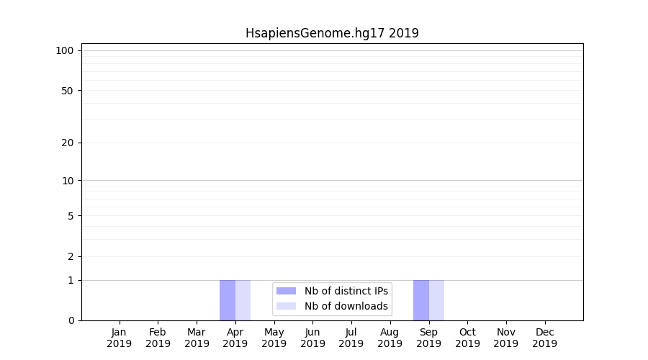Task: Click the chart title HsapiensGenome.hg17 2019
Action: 332,33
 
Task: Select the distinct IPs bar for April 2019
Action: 228,300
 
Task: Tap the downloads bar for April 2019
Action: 243,300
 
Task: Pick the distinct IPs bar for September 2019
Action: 421,300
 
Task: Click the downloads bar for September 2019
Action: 437,300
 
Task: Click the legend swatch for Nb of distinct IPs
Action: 286,291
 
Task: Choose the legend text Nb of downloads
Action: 346,306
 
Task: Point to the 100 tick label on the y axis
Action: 65,50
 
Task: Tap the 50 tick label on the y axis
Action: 68,91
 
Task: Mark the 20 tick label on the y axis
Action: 68,143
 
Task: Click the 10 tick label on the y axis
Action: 68,181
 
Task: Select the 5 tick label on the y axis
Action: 71,216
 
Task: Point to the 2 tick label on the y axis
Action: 71,256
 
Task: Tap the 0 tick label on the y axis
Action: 71,320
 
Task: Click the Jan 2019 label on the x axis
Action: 120,338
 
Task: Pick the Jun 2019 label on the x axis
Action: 312,338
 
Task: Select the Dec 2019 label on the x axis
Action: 545,338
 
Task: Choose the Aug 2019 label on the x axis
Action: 390,338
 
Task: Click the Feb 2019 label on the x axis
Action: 158,338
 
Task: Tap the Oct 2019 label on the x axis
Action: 467,338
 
